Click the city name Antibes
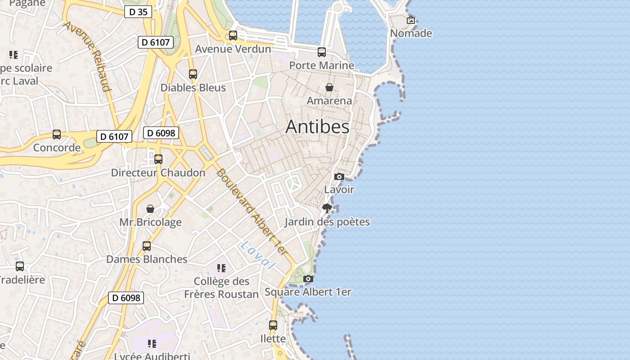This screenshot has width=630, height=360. [317, 127]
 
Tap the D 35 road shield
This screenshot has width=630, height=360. [138, 12]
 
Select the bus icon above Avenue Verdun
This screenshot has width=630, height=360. [233, 36]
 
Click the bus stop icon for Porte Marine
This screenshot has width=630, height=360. [322, 52]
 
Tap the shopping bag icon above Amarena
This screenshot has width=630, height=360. [329, 87]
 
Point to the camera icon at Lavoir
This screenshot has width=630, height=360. [339, 176]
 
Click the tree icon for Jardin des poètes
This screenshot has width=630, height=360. [327, 208]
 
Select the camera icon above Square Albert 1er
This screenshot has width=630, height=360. [308, 279]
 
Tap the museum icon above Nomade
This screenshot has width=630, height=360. [411, 20]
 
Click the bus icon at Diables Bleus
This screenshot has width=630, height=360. [193, 74]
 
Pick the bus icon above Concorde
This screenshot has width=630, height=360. [57, 135]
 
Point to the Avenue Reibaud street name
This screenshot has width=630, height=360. [87, 55]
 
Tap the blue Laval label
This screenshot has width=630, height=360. [257, 255]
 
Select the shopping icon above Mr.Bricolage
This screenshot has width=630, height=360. [150, 209]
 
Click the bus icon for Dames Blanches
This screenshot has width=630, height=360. [147, 246]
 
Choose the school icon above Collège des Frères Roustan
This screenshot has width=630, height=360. [221, 268]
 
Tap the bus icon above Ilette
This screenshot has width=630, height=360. [273, 325]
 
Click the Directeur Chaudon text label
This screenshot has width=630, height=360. [158, 173]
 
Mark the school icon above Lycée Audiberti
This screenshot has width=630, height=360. [152, 344]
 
